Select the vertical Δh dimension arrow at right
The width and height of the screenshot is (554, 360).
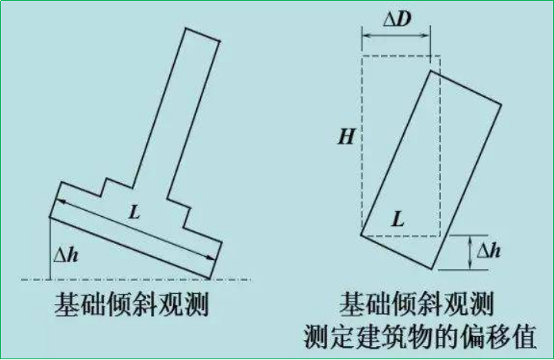(x=471, y=252)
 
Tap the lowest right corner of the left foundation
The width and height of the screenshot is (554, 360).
(x=212, y=277)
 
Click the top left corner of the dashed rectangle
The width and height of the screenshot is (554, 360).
(x=362, y=56)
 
